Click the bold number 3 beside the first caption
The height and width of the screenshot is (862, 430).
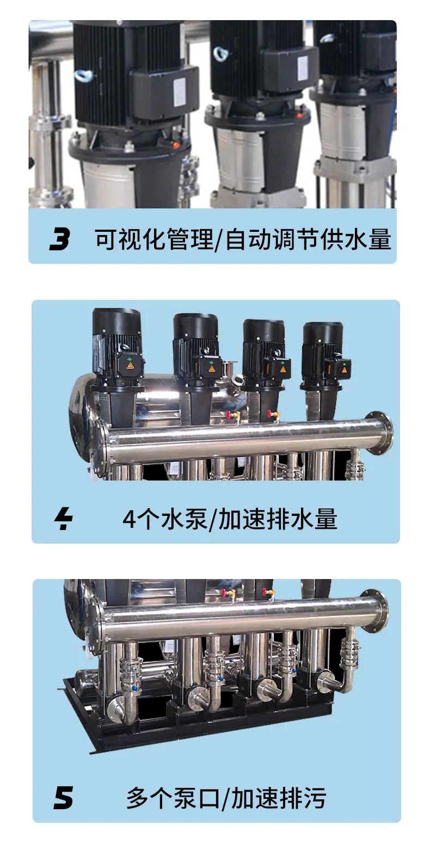(x=60, y=238)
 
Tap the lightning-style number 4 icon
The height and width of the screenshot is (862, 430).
(x=64, y=519)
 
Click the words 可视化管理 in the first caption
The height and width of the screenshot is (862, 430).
(x=153, y=239)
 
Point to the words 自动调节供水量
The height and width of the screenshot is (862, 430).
(x=309, y=239)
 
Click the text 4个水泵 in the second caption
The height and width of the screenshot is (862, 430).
(x=165, y=519)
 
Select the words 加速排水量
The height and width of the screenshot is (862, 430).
(x=278, y=519)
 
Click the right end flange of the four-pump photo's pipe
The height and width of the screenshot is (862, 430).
(x=379, y=433)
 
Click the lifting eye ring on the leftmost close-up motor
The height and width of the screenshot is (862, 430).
(x=82, y=75)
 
